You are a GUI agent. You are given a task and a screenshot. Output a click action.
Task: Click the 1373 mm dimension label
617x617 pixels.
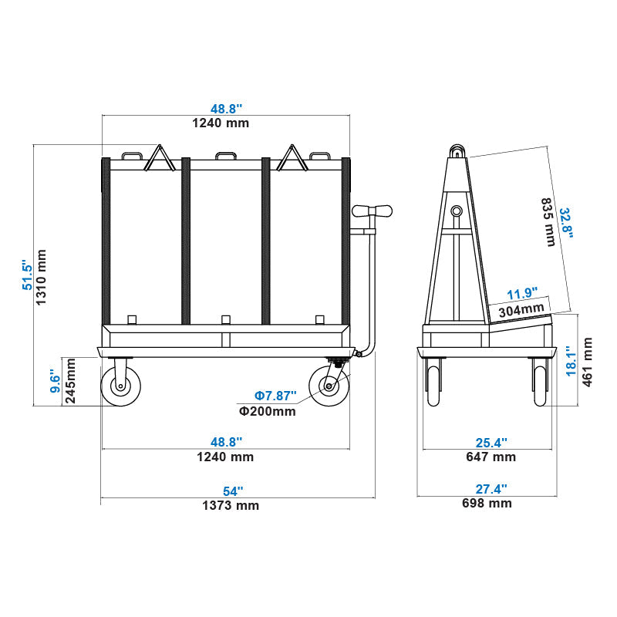pos(231,506)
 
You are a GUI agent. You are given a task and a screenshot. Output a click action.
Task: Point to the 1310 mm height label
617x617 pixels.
pos(42,277)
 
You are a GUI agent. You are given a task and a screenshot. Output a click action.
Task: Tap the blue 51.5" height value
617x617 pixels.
pos(27,275)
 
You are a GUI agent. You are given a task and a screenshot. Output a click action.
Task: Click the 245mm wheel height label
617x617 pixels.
pos(69,382)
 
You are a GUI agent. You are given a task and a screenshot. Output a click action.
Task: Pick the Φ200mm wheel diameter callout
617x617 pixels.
pos(268,411)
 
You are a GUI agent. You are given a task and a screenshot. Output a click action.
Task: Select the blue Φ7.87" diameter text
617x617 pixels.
pos(275,396)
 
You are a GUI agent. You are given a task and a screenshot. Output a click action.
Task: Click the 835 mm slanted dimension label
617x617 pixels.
pos(548,223)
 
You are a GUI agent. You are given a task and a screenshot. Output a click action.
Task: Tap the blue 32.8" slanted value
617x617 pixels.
pos(566,224)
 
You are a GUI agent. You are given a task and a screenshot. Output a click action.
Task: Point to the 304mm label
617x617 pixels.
pos(521,309)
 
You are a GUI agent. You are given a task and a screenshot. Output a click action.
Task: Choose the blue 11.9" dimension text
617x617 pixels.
pos(522,294)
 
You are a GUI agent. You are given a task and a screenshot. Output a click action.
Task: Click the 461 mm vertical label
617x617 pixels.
pos(587,362)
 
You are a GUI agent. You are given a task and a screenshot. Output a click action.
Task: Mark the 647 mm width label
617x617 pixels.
pos(491,457)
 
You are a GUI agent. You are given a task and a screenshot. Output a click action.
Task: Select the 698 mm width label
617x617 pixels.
pos(487,504)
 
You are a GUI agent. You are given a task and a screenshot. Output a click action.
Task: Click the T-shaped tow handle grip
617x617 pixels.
pos(372,211)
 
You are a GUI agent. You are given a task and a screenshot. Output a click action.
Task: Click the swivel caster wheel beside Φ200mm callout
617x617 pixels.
pos(327,386)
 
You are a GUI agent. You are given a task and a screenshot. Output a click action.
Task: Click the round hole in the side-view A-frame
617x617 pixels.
pos(457,211)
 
